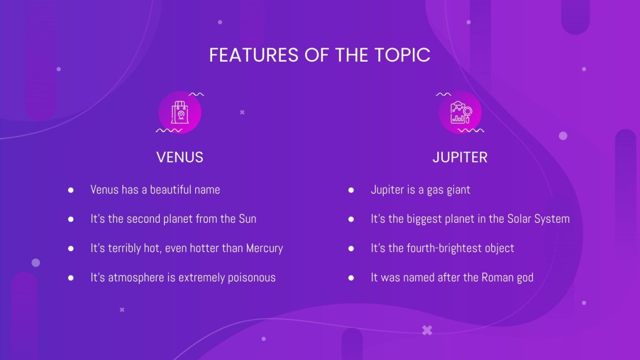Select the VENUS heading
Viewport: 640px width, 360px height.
coord(180,157)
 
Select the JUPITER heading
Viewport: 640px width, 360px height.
coord(460,157)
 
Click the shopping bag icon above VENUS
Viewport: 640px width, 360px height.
coord(180,112)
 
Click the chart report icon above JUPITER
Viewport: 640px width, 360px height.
coord(460,112)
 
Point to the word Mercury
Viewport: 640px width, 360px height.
coord(265,248)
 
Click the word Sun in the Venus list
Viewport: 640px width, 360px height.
coord(247,219)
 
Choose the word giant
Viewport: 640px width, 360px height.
coord(458,190)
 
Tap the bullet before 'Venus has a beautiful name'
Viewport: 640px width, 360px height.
coord(71,190)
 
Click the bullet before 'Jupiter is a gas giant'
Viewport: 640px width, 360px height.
coord(351,190)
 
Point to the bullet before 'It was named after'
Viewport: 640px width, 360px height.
coord(351,278)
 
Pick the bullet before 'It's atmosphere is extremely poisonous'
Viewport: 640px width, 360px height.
coord(71,278)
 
